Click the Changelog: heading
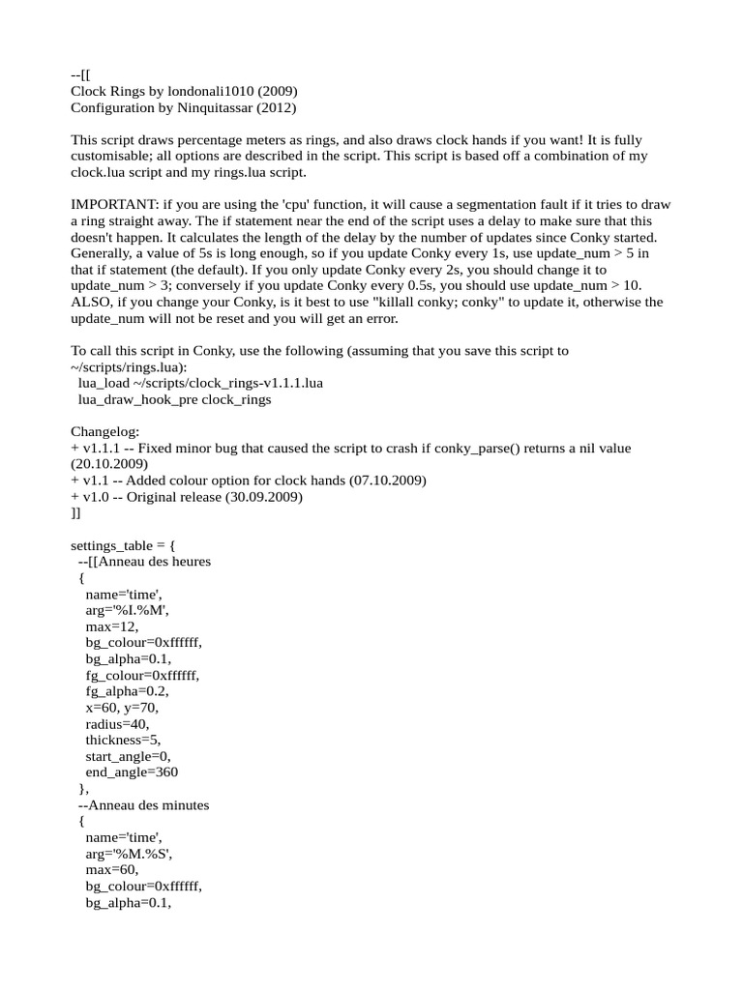(x=105, y=432)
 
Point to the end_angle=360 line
(x=132, y=772)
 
